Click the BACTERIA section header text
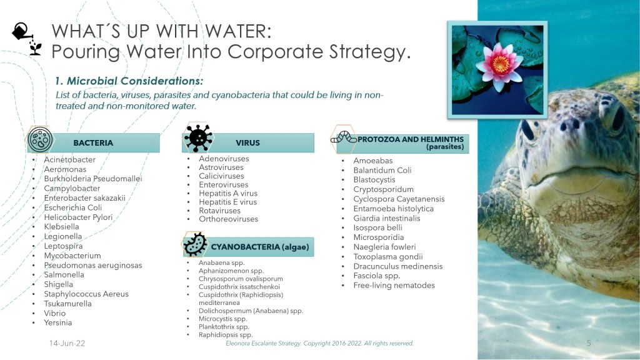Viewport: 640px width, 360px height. pyautogui.click(x=93, y=143)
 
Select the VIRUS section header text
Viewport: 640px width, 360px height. pyautogui.click(x=247, y=143)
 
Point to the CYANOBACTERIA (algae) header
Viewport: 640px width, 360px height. pyautogui.click(x=260, y=247)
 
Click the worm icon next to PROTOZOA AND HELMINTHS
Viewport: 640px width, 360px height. pyautogui.click(x=344, y=137)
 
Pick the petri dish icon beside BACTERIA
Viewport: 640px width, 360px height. pyautogui.click(x=39, y=139)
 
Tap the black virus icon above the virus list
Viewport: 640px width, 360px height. pyautogui.click(x=198, y=137)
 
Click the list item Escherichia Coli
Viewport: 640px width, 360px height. pyautogui.click(x=73, y=207)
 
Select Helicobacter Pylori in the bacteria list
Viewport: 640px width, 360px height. pyautogui.click(x=78, y=217)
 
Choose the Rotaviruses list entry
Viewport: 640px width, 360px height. pyautogui.click(x=219, y=211)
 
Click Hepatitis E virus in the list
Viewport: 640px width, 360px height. pyautogui.click(x=227, y=202)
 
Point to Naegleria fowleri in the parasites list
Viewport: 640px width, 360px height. pyautogui.click(x=384, y=247)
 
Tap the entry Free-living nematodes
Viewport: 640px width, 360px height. pyautogui.click(x=394, y=285)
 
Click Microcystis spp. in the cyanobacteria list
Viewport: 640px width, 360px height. pyautogui.click(x=223, y=319)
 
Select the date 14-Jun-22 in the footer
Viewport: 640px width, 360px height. pyautogui.click(x=67, y=343)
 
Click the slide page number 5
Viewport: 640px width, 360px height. pyautogui.click(x=589, y=343)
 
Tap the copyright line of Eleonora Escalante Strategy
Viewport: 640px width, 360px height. pyautogui.click(x=319, y=343)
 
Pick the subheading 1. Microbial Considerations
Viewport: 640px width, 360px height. pyautogui.click(x=129, y=81)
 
